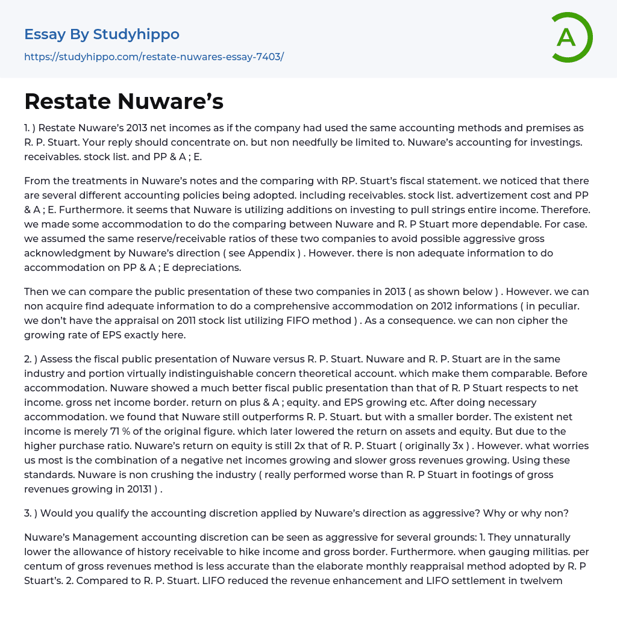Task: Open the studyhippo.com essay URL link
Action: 154,57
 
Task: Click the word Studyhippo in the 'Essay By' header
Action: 136,34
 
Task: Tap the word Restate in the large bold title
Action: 66,102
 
